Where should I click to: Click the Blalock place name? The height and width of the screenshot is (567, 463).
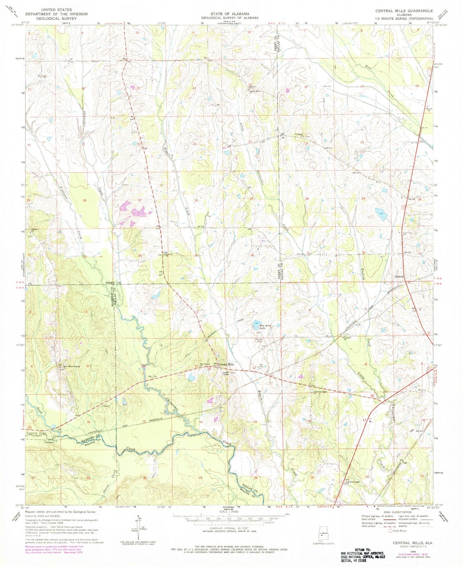[399, 276]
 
